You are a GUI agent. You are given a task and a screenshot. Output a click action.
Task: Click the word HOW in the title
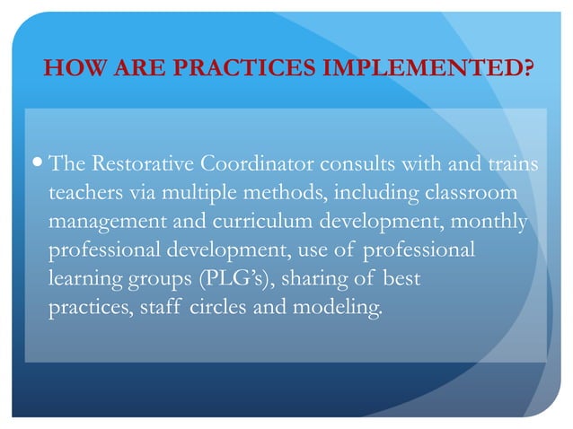(x=65, y=68)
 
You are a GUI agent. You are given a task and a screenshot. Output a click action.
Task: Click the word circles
(x=217, y=308)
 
